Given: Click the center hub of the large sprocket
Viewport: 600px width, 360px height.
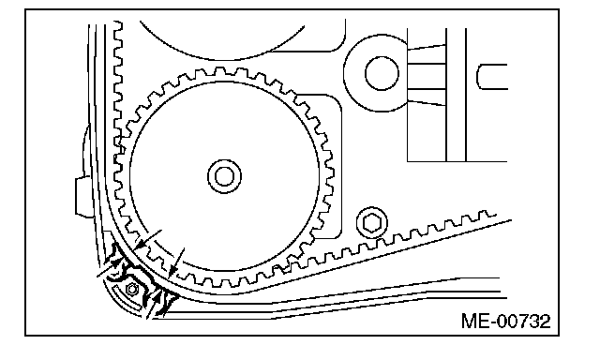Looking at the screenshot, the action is click(225, 176).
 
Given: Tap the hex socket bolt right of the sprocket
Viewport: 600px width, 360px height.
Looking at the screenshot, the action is click(371, 223).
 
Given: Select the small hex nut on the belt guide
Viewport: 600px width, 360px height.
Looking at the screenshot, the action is click(132, 290).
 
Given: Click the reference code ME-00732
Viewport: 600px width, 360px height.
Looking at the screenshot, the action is click(506, 321).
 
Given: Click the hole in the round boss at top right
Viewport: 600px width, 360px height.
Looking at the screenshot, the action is click(382, 73).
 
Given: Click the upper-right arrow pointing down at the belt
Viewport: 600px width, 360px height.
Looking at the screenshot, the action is click(176, 263).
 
